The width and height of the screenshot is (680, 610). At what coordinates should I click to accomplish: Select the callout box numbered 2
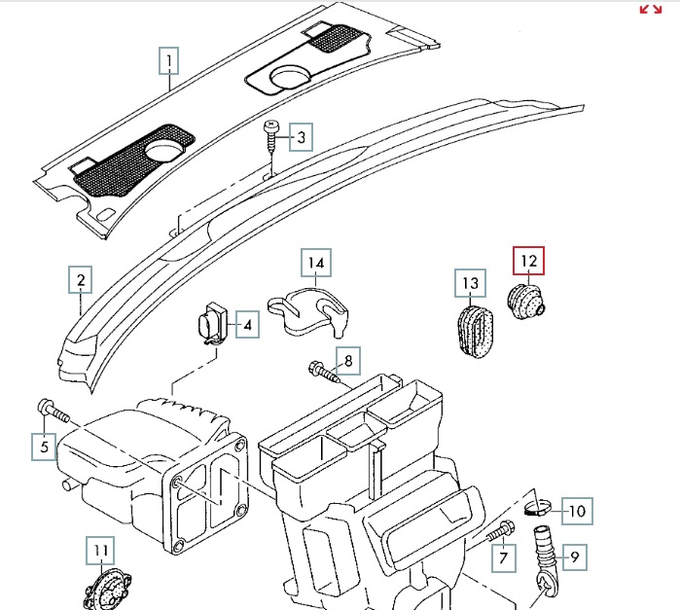82,281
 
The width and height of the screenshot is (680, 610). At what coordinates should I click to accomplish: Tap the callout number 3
302,138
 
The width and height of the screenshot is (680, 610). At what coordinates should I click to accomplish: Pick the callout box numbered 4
247,325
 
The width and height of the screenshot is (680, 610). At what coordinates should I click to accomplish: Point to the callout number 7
503,558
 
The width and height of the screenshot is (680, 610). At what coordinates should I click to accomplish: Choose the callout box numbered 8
348,361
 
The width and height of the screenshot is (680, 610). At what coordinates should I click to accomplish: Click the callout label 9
574,557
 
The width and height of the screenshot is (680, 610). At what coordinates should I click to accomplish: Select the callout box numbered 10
578,510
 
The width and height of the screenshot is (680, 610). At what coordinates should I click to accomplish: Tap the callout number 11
100,552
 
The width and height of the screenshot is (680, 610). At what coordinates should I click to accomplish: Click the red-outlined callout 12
529,261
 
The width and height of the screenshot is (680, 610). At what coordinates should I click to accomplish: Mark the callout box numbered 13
471,283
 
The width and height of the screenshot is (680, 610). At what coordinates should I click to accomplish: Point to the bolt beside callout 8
322,369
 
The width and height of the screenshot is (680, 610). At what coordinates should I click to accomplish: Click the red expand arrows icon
651,9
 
